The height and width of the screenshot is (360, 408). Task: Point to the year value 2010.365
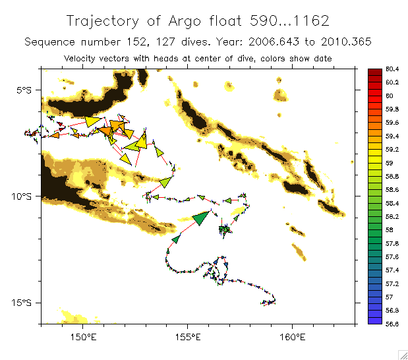[x=349, y=42]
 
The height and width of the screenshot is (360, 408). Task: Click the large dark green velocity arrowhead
[x=202, y=218]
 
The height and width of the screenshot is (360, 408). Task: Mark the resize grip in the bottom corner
[x=401, y=353]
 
